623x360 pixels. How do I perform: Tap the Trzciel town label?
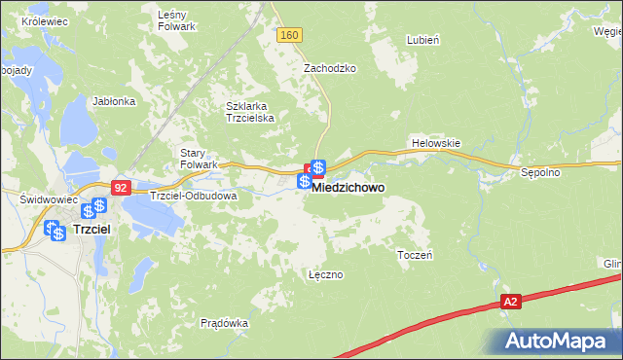(95, 230)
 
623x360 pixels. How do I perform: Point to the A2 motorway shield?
(511, 303)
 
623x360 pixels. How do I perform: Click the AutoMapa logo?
(558, 341)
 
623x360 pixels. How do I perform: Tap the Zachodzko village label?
(330, 69)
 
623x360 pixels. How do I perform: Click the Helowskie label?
(435, 143)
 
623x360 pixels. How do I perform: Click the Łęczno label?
(325, 274)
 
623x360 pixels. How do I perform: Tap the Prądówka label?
(224, 322)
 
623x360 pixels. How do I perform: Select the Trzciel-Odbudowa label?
(194, 196)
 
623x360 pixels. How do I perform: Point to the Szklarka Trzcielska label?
(251, 112)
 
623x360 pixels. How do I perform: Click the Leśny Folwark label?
(178, 20)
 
